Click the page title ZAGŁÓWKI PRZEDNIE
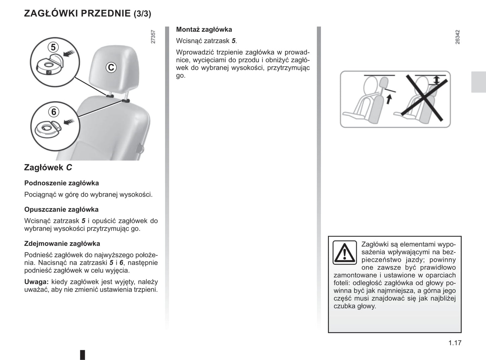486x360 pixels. click(x=77, y=13)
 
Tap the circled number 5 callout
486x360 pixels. click(x=53, y=47)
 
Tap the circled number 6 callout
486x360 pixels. click(x=53, y=112)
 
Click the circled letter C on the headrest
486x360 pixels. click(x=111, y=68)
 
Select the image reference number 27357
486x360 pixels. click(x=153, y=37)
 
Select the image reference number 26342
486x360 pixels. click(x=457, y=37)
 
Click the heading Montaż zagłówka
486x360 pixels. click(x=204, y=30)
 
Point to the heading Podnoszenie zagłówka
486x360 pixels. click(x=62, y=183)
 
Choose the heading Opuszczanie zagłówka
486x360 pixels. click(x=61, y=210)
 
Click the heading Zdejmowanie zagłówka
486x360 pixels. click(x=62, y=244)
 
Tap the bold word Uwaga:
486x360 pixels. click(x=36, y=282)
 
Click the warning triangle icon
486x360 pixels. click(x=344, y=253)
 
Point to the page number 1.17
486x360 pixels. click(x=455, y=343)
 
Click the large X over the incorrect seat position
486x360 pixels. click(x=425, y=98)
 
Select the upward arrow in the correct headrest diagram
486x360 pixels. click(x=389, y=99)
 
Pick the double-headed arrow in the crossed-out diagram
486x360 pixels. click(x=436, y=80)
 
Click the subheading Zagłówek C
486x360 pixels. click(x=48, y=168)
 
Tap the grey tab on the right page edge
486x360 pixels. click(x=478, y=82)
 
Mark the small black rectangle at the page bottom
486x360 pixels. click(x=82, y=355)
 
